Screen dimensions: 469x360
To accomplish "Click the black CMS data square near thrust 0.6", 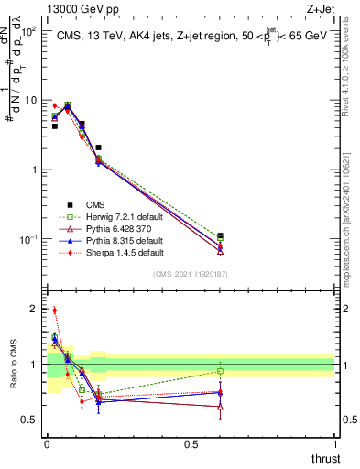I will [x=220, y=236].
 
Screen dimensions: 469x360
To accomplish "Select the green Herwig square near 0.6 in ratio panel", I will [x=220, y=371].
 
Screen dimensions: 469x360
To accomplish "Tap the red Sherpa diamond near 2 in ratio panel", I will [x=55, y=311].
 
